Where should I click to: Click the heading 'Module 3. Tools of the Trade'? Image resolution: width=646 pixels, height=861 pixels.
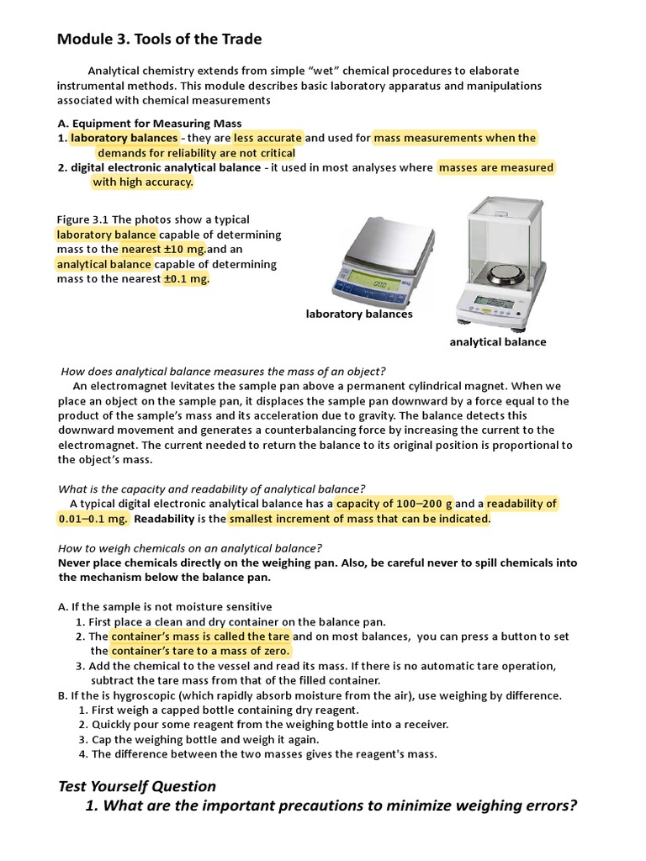(x=159, y=39)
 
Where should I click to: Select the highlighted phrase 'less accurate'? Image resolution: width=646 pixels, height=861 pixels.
(x=267, y=138)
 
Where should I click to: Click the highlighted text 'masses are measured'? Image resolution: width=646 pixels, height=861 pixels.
(x=496, y=167)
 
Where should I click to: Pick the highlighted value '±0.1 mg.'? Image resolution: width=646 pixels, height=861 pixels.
(x=184, y=279)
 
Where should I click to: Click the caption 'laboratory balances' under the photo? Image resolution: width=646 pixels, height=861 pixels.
(x=359, y=314)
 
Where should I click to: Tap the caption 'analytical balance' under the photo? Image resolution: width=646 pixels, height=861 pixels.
(x=498, y=341)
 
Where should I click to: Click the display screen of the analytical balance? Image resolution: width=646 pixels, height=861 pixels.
(x=493, y=301)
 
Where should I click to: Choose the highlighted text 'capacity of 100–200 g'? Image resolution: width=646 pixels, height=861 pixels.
(x=394, y=504)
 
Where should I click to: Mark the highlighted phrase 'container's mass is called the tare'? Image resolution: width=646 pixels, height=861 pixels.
(x=200, y=636)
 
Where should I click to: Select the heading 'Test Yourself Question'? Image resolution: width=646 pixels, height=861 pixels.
(x=137, y=786)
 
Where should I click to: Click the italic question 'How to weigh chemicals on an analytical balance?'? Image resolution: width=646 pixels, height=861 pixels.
(x=190, y=547)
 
